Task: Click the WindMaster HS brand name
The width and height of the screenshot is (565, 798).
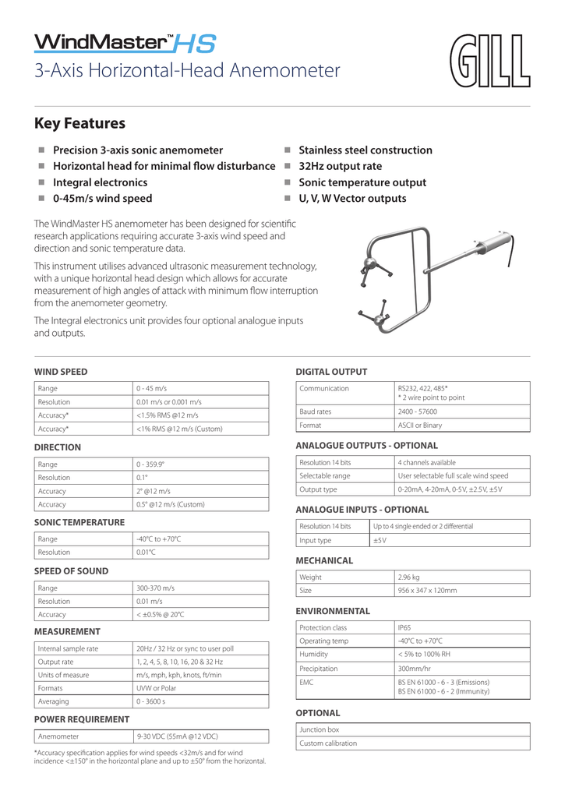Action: tap(125, 42)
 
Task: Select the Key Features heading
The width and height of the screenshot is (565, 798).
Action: tap(79, 123)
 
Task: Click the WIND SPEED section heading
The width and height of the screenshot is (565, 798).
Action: tap(61, 372)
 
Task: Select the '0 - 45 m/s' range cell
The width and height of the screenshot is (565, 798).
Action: tap(152, 388)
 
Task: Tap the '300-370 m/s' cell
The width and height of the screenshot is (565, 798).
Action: tap(155, 588)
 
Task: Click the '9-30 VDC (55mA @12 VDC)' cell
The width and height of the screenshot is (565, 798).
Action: tap(177, 736)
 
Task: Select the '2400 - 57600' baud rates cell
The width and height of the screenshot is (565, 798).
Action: tap(417, 411)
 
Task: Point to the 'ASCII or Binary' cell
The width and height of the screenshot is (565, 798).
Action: tap(419, 425)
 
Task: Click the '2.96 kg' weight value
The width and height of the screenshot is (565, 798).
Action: tap(409, 577)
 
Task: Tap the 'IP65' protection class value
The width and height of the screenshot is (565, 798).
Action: tap(404, 627)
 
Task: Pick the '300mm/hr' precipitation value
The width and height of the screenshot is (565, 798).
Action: tap(414, 669)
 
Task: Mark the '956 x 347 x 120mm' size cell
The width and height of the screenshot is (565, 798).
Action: tap(427, 591)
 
